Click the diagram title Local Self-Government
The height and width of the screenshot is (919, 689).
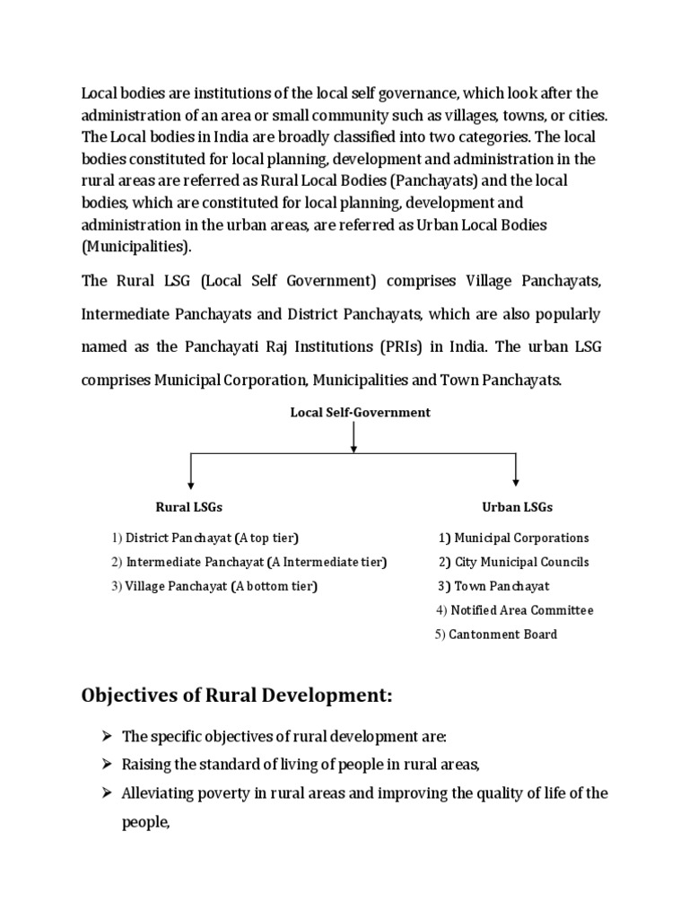[x=360, y=413]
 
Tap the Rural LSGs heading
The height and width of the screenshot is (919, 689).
[x=189, y=507]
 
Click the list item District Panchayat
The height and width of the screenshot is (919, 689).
[x=205, y=538]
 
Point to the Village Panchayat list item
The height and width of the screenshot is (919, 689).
[x=215, y=587]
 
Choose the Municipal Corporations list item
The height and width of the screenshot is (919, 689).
[x=514, y=538]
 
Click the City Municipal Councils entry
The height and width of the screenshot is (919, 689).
[x=514, y=563]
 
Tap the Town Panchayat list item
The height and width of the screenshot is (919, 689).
[x=494, y=587]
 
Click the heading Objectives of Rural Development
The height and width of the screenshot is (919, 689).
[x=238, y=696]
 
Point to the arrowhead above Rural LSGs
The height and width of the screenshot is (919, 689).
[x=191, y=482]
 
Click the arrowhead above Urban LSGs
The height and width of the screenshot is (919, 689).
[x=516, y=482]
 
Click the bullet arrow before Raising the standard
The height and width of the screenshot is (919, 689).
[x=107, y=766]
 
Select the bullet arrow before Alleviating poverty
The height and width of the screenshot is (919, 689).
[x=107, y=794]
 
